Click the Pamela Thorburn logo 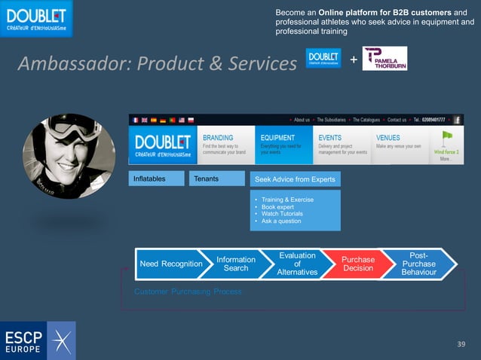(x=384, y=59)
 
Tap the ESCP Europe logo (x=38, y=340)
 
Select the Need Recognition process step (x=171, y=264)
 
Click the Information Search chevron (x=236, y=264)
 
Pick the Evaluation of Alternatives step (x=297, y=264)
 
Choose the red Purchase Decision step (x=358, y=264)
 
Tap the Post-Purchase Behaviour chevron (x=418, y=264)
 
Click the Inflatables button (x=157, y=178)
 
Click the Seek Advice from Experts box (x=296, y=178)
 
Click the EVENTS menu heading (x=330, y=138)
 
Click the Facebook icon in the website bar (x=457, y=120)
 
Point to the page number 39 (x=462, y=344)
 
